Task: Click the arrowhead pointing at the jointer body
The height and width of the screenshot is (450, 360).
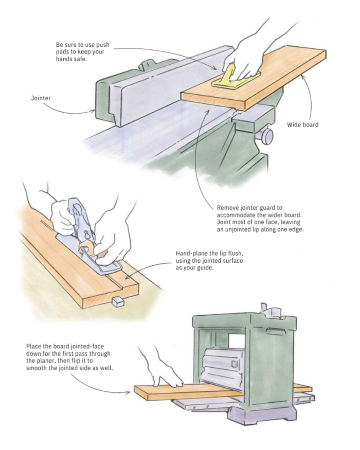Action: (93, 110)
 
